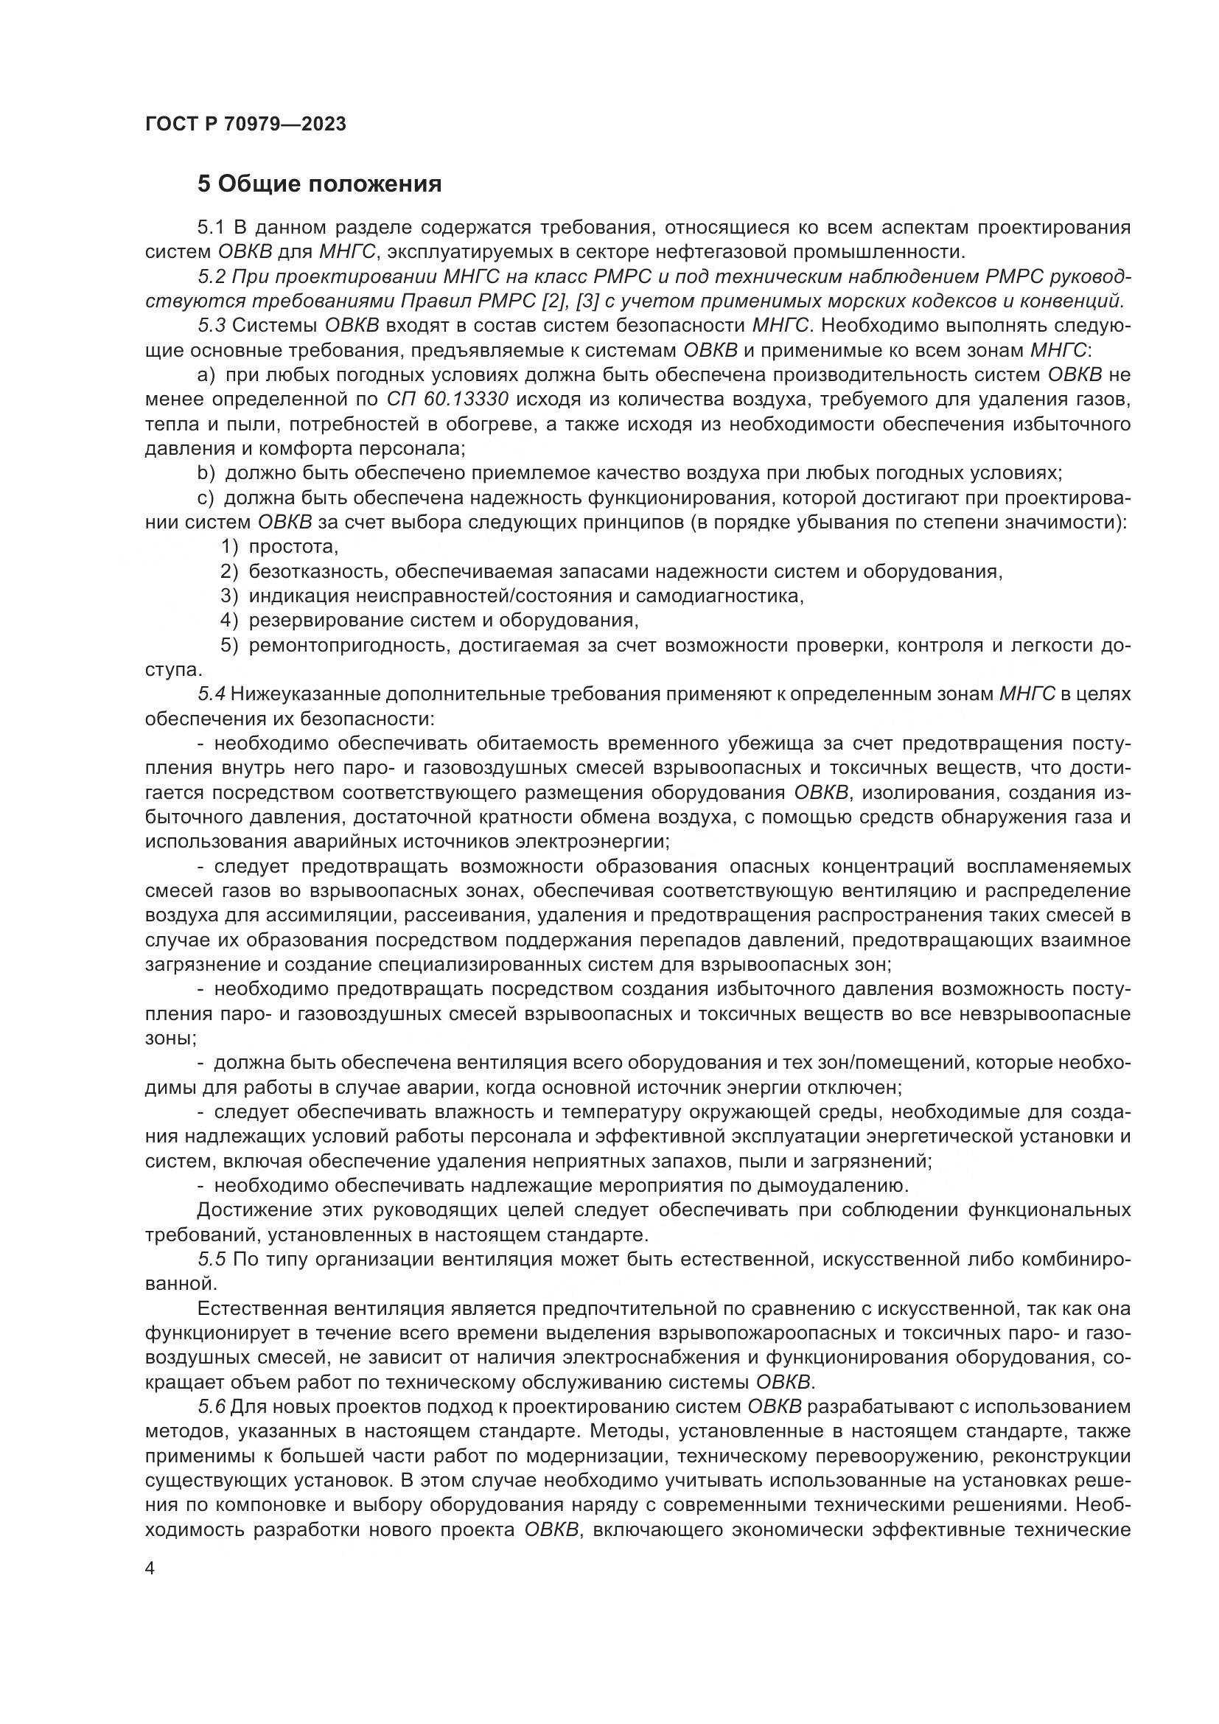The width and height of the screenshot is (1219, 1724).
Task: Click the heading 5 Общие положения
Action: tap(319, 184)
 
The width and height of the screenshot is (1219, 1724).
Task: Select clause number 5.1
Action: tap(212, 228)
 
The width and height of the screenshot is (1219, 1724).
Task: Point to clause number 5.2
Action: tap(212, 277)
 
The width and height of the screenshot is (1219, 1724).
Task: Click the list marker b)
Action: tap(206, 473)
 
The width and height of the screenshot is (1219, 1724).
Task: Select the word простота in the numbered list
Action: tap(293, 548)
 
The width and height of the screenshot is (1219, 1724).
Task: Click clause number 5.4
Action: tap(212, 694)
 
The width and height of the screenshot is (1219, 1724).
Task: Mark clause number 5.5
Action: tap(212, 1260)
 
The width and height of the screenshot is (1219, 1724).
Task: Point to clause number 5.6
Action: tap(212, 1408)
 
